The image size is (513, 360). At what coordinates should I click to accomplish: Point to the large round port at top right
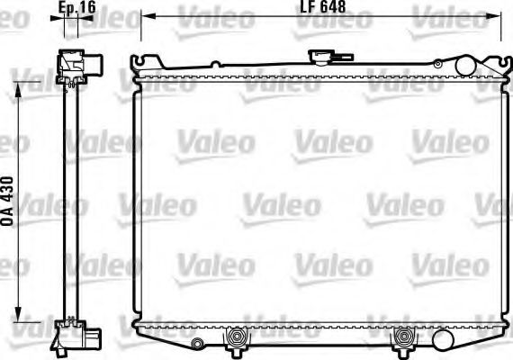pos(465,66)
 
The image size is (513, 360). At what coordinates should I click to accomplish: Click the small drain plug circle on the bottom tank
pos(197,342)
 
